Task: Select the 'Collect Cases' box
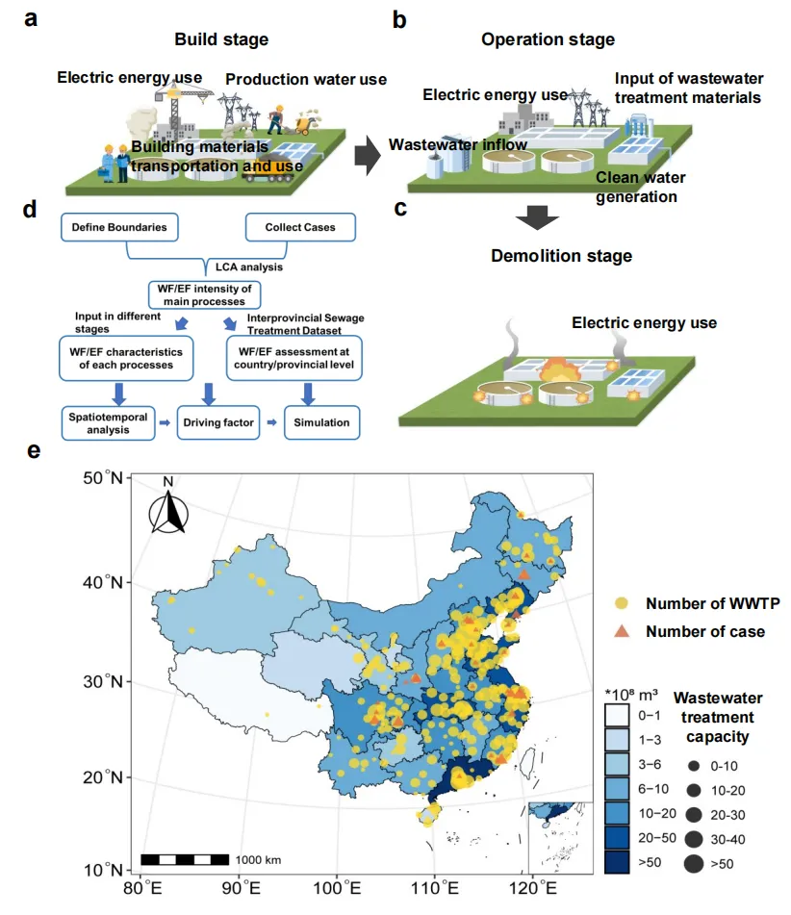(x=298, y=228)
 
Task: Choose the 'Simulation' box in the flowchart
(x=321, y=422)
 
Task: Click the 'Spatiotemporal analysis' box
(x=110, y=422)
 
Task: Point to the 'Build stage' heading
(x=221, y=39)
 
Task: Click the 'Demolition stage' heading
(x=548, y=256)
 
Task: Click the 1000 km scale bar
(x=185, y=858)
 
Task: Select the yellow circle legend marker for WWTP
(x=623, y=604)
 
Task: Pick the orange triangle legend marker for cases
(x=623, y=631)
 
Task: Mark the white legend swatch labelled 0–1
(x=617, y=715)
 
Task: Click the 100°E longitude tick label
(x=337, y=885)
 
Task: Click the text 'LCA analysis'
(x=242, y=267)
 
